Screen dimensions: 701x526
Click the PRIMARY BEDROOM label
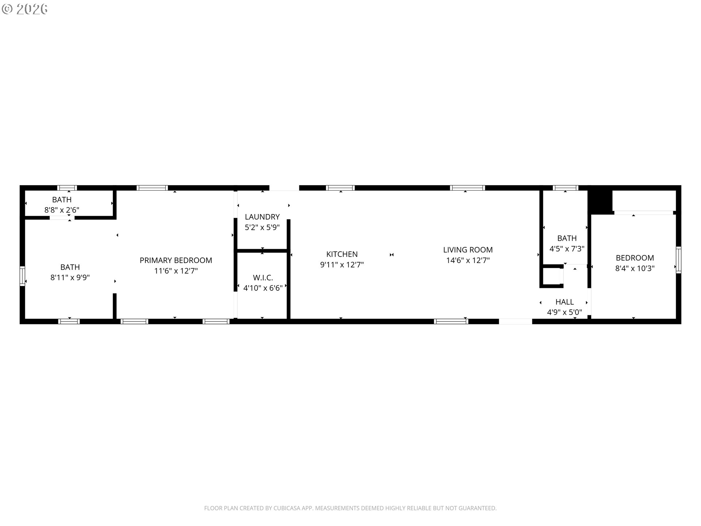(176, 260)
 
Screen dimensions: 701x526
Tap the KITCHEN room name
(342, 254)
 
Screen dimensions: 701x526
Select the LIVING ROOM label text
(468, 250)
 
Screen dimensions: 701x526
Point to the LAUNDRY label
(262, 217)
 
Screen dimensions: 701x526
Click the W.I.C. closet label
(263, 278)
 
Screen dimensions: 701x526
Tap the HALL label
(564, 302)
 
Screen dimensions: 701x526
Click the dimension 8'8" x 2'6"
(62, 210)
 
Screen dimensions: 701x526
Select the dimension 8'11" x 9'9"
(70, 278)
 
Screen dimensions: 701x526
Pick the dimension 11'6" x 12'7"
(176, 271)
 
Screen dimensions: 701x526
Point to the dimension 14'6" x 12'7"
(468, 260)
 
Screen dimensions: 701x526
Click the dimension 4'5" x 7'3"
(567, 249)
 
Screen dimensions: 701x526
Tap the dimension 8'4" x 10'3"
(635, 268)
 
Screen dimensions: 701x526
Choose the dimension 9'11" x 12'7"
(342, 265)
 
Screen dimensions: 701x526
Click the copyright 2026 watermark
(24, 9)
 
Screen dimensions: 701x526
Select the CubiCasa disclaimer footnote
(350, 508)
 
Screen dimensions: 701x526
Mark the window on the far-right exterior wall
(678, 260)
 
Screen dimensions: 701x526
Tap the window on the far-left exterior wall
(22, 276)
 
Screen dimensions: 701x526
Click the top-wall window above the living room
(467, 188)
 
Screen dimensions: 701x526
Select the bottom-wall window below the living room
(451, 321)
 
